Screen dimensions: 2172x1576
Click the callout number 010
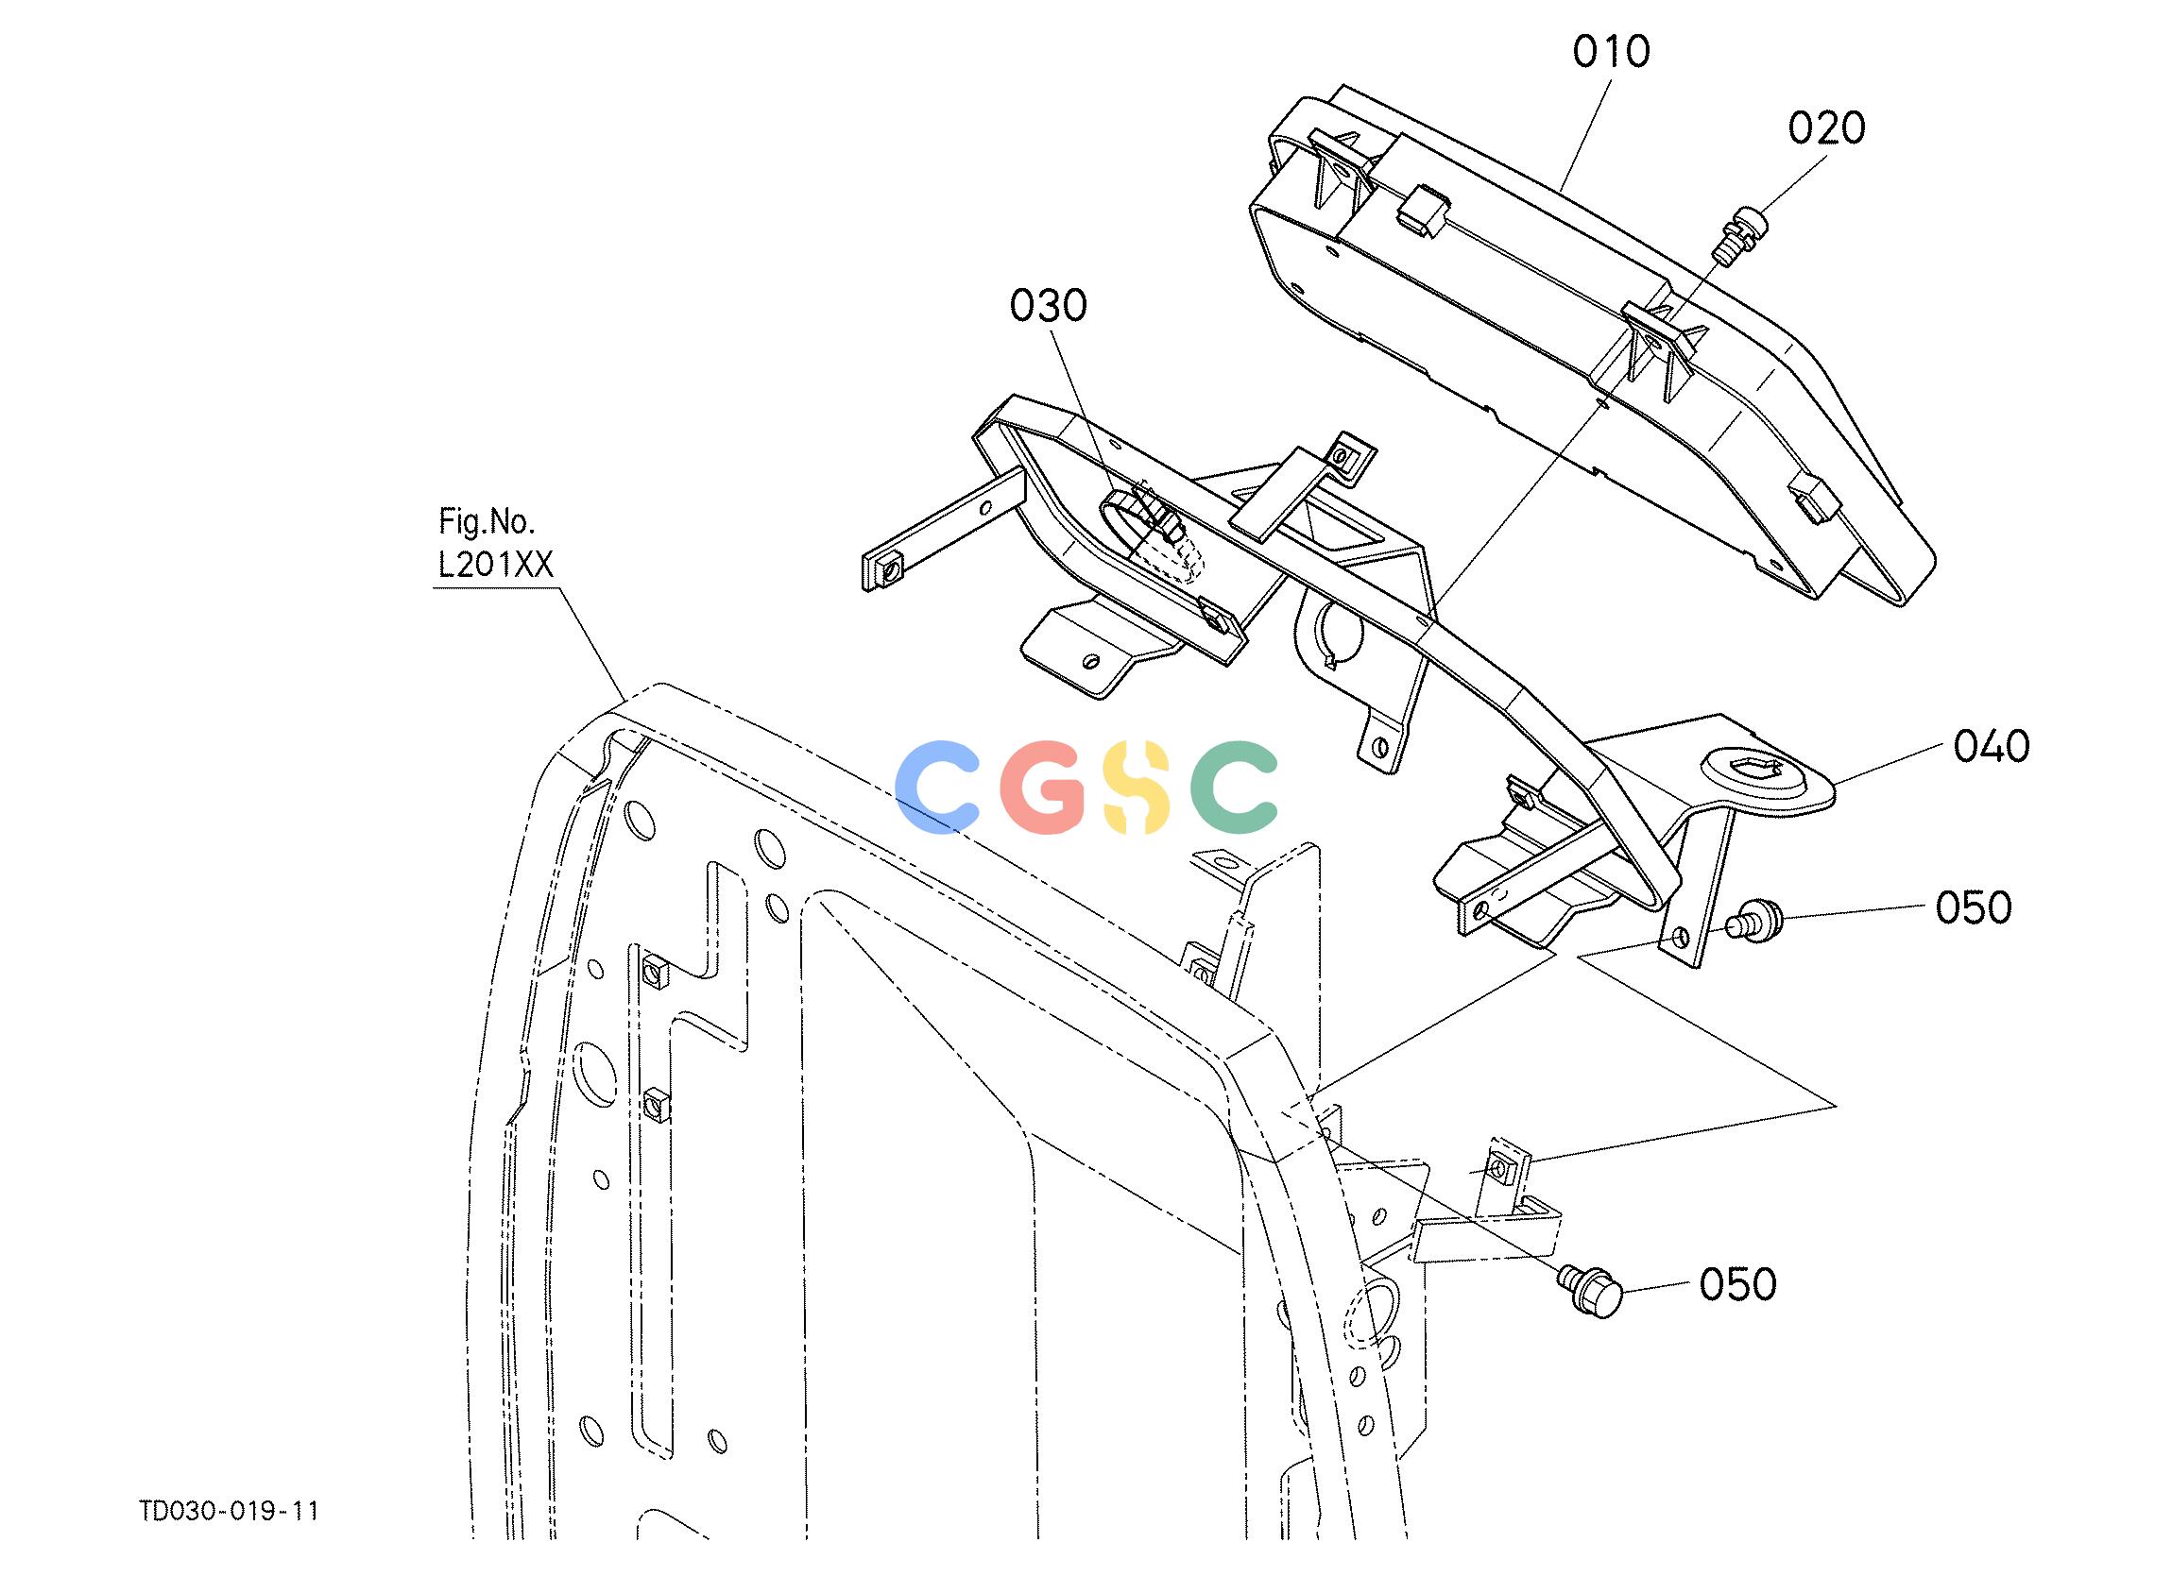point(1612,52)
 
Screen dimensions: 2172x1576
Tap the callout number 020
point(1827,128)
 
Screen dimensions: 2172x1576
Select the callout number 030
point(1049,306)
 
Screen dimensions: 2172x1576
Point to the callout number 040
point(1992,747)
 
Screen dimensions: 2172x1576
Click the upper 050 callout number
point(1974,907)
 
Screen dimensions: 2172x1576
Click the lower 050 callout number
point(1738,1284)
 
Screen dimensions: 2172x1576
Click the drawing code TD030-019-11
point(230,1511)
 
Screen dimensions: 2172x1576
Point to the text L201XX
point(496,566)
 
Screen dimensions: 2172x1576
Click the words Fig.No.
point(487,523)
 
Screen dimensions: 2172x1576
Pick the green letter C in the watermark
point(1235,787)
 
